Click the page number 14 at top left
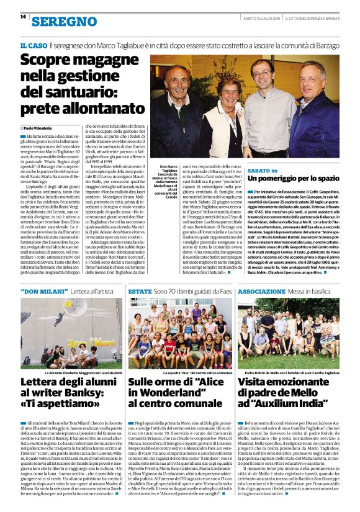pyautogui.click(x=22, y=17)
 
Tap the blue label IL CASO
pyautogui.click(x=32, y=45)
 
